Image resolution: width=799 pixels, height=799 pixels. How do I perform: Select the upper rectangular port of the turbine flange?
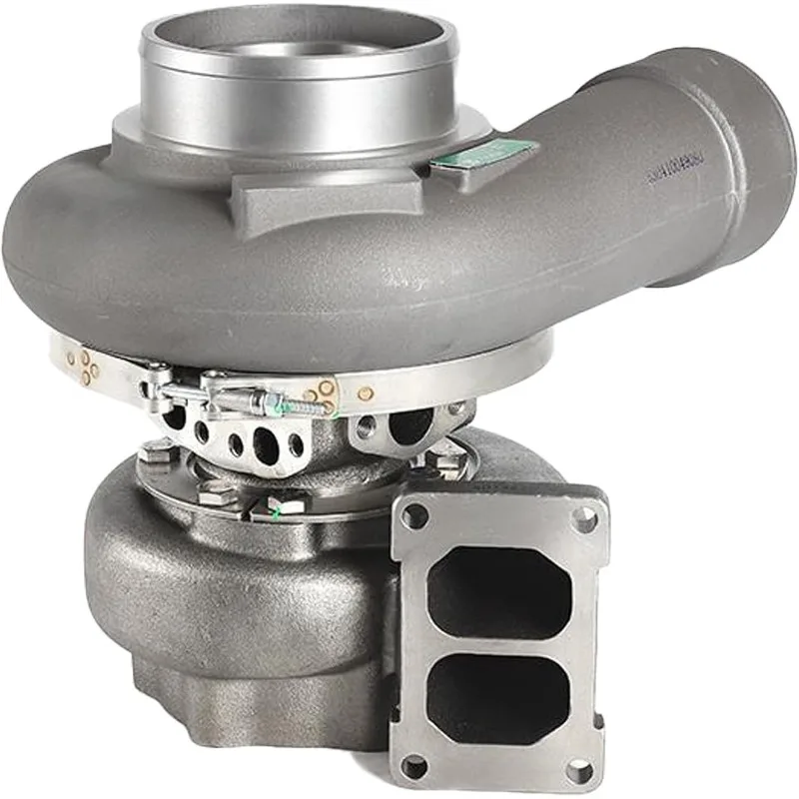point(496,588)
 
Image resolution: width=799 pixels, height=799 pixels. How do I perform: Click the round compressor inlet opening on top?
point(300,50)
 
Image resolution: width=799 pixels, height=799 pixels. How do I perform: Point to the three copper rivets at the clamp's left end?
point(86,364)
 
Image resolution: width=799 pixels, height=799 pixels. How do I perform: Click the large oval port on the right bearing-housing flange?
point(410,424)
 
